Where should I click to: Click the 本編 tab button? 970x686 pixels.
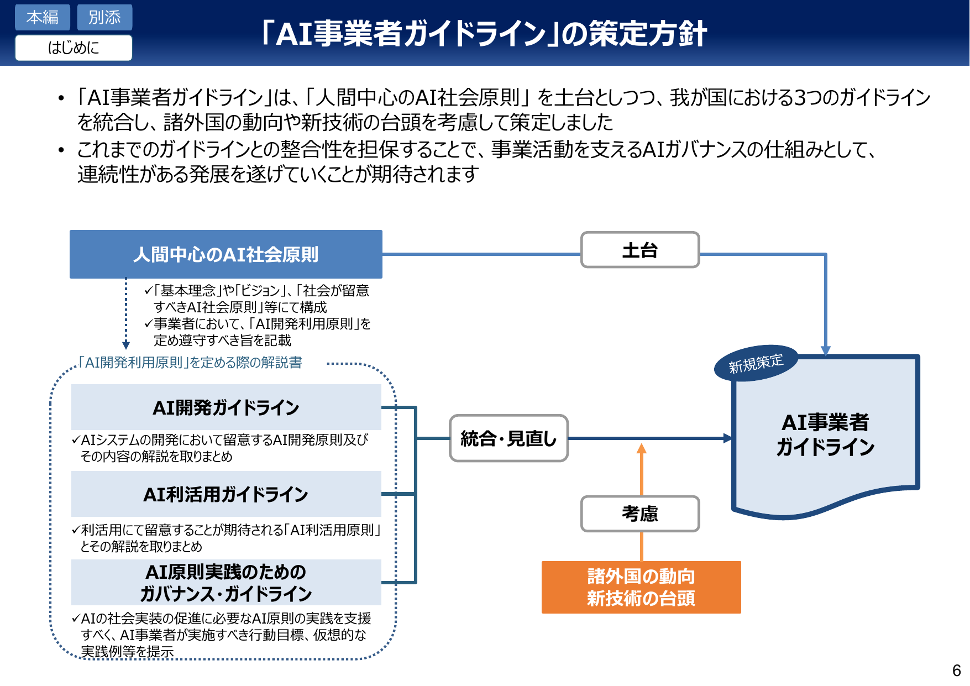pyautogui.click(x=42, y=17)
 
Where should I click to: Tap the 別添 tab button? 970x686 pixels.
pyautogui.click(x=104, y=17)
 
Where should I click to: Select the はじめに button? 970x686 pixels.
pyautogui.click(x=74, y=48)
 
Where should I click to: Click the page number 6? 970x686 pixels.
pyautogui.click(x=956, y=670)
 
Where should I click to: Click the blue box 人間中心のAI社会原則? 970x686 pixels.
pyautogui.click(x=226, y=254)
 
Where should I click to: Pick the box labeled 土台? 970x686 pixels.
pyautogui.click(x=639, y=250)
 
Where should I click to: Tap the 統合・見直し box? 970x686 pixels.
pyautogui.click(x=508, y=438)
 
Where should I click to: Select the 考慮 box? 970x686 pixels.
pyautogui.click(x=639, y=514)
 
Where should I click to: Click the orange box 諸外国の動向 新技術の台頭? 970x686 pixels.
pyautogui.click(x=641, y=587)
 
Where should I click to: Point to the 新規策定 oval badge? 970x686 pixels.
pyautogui.click(x=756, y=363)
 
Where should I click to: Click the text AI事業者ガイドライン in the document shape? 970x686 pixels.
pyautogui.click(x=825, y=434)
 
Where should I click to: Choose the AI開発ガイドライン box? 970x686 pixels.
pyautogui.click(x=226, y=407)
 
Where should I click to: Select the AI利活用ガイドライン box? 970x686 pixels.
pyautogui.click(x=226, y=494)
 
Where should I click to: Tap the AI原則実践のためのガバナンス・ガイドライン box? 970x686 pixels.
pyautogui.click(x=226, y=583)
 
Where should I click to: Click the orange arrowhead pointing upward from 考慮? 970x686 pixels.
pyautogui.click(x=641, y=448)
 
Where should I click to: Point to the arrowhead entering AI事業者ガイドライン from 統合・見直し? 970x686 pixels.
pyautogui.click(x=728, y=438)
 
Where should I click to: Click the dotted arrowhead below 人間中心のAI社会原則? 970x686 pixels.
pyautogui.click(x=126, y=345)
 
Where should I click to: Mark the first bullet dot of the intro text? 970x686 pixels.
pyautogui.click(x=61, y=98)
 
